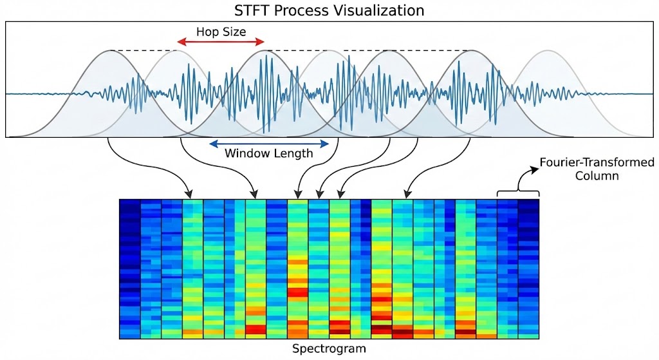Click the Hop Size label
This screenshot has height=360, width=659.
point(221,30)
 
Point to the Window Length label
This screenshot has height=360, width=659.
point(268,153)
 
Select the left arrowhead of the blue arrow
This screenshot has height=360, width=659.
point(211,143)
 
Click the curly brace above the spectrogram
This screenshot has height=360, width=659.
point(518,193)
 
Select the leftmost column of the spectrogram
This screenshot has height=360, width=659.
point(129,269)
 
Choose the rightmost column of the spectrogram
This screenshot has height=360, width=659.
point(528,269)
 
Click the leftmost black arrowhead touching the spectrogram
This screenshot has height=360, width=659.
point(189,194)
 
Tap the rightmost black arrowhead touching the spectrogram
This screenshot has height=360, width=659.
point(407,194)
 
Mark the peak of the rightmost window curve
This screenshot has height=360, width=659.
point(548,51)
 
